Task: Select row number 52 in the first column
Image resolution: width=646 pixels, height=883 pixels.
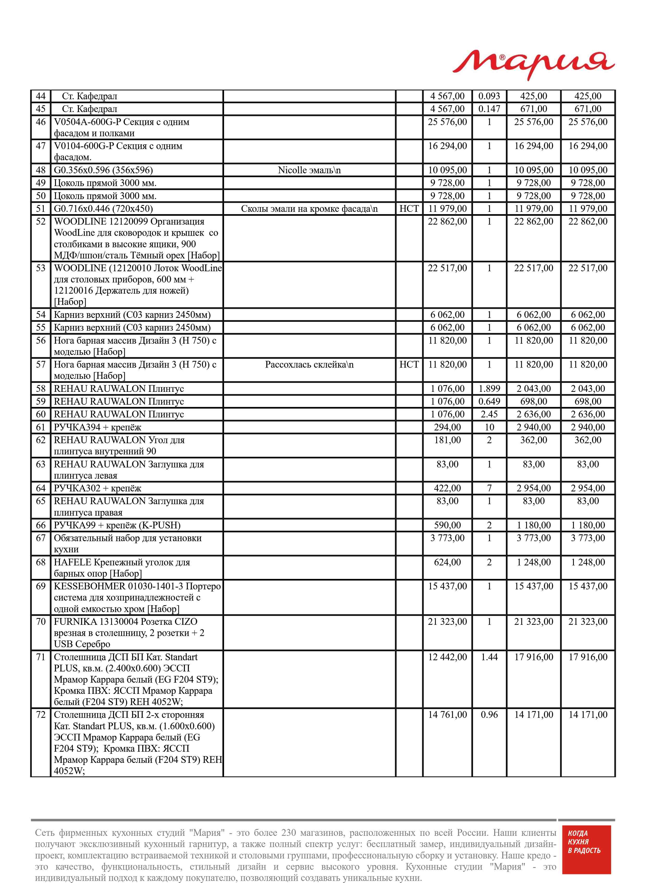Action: tap(41, 222)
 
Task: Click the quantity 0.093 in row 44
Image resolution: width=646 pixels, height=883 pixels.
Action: tap(489, 96)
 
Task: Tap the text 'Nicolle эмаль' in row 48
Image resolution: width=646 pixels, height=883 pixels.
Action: tap(309, 170)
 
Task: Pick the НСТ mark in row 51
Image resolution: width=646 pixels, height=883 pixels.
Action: tap(409, 209)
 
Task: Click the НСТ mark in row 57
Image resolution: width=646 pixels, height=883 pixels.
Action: tap(409, 365)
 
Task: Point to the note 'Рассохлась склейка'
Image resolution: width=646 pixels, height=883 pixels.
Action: tap(309, 365)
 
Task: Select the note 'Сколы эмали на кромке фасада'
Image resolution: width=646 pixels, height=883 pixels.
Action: tap(309, 209)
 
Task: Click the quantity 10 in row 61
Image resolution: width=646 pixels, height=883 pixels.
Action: tap(489, 427)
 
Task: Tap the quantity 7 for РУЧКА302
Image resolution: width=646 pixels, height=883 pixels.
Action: tap(489, 488)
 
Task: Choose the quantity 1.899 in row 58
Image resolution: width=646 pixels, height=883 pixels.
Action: tap(489, 389)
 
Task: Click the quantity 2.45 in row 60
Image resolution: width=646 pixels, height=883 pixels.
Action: tap(489, 414)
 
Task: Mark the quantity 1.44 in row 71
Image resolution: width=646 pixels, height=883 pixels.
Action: tap(489, 657)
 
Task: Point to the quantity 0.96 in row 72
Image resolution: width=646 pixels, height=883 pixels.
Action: tap(489, 714)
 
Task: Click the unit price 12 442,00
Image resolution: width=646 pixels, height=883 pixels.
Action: tap(447, 657)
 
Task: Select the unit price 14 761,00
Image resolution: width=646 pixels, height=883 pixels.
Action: tap(447, 714)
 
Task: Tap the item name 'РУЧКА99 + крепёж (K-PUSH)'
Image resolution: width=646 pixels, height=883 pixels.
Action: tap(117, 525)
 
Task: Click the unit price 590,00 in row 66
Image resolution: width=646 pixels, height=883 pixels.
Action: tap(447, 525)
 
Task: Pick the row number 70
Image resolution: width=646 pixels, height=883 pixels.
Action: tap(41, 622)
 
